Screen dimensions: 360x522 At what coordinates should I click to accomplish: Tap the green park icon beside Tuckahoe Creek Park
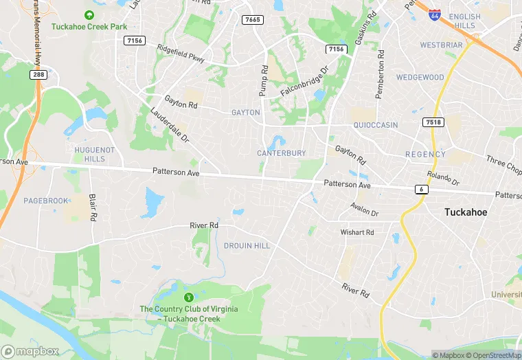[x=88, y=14]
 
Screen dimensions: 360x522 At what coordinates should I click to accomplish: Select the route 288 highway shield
[x=38, y=74]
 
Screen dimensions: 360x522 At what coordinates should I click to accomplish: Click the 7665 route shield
[x=253, y=19]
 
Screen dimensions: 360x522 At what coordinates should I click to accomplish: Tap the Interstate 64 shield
[x=434, y=14]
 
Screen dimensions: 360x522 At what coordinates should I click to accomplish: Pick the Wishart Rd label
[x=357, y=232]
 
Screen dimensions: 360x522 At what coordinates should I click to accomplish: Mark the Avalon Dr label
[x=364, y=209]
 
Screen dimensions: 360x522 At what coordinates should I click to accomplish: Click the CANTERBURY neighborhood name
[x=281, y=153]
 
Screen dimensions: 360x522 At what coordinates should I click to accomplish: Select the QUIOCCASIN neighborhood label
[x=375, y=126]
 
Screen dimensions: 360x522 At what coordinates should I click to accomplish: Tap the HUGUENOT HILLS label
[x=90, y=154]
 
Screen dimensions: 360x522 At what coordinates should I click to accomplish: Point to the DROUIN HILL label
[x=247, y=245]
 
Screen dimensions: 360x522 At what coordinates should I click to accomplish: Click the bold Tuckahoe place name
[x=466, y=212]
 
